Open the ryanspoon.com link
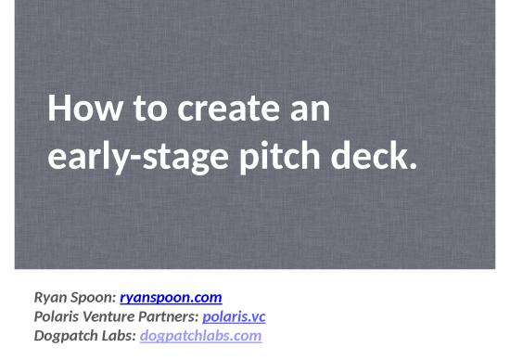pos(171,298)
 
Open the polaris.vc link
pos(234,316)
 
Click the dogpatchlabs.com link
pos(200,335)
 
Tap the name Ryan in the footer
pos(51,298)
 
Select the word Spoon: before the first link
pos(94,298)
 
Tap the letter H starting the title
pos(57,110)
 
